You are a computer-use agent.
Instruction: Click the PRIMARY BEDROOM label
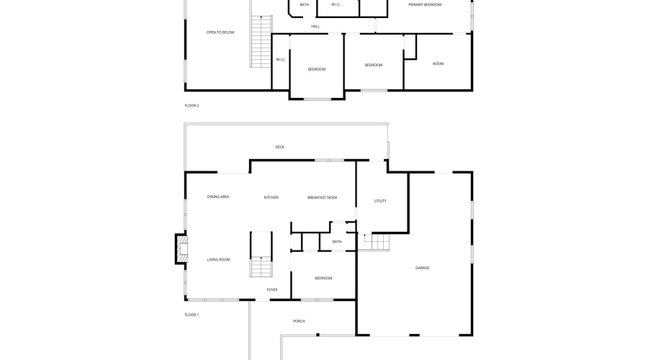[x=425, y=4]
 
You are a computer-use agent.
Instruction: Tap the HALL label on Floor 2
[x=315, y=27]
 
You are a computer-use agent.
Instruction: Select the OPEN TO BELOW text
[x=220, y=32]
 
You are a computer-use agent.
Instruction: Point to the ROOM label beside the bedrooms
[x=438, y=63]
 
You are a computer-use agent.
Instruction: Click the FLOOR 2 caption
[x=192, y=105]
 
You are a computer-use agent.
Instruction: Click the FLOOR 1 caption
[x=192, y=315]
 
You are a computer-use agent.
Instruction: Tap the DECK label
[x=280, y=147]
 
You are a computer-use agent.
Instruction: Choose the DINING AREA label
[x=217, y=197]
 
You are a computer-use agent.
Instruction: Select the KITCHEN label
[x=271, y=197]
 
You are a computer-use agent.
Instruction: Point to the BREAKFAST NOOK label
[x=323, y=197]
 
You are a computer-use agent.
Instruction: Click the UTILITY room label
[x=380, y=201]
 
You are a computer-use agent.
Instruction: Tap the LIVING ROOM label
[x=218, y=260]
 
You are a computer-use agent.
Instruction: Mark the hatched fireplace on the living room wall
[x=181, y=249]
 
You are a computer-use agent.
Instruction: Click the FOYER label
[x=272, y=289]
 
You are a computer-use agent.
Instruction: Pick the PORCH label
[x=299, y=321]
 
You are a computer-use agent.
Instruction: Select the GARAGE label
[x=422, y=268]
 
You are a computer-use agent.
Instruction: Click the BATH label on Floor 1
[x=337, y=241]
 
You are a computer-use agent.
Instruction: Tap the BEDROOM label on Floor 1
[x=323, y=278]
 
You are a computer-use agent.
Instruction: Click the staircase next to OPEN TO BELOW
[x=261, y=41]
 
